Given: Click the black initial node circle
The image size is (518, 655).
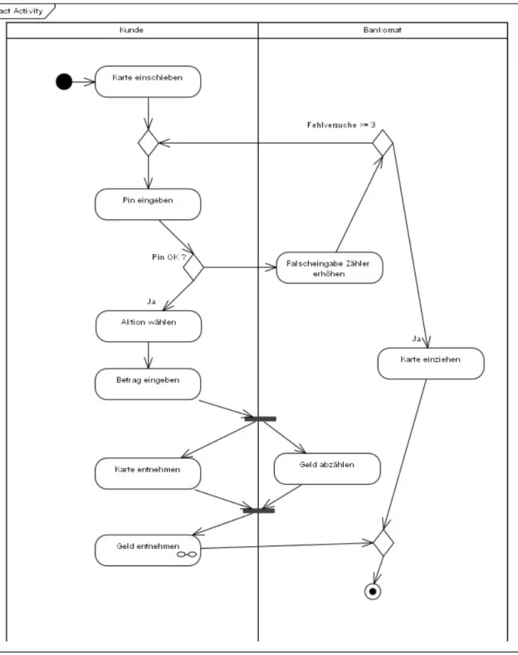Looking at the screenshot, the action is (64, 81).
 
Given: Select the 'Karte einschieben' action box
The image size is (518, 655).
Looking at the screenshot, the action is (148, 81).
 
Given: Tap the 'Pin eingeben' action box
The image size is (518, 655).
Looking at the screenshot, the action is (148, 204).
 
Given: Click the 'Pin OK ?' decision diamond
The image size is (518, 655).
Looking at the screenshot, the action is (193, 267).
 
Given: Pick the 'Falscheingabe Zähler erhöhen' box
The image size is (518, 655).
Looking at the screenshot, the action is (330, 268).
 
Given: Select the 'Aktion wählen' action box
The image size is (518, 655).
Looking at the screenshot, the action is (149, 326).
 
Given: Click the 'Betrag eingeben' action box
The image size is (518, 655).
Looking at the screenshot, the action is (148, 384).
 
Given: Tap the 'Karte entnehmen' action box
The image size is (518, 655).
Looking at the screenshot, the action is (148, 474).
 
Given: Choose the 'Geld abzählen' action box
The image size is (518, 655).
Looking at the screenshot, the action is (327, 469).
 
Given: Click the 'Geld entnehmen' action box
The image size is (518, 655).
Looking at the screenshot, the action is (148, 550).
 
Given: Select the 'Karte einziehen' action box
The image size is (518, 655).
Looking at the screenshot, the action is (431, 364).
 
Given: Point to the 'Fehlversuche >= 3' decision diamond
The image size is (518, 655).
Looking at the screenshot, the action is (383, 143).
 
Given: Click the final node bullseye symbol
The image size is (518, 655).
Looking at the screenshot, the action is (373, 592).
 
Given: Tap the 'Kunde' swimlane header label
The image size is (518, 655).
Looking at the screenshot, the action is (132, 30).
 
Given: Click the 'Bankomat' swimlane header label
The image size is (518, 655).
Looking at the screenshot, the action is (383, 30).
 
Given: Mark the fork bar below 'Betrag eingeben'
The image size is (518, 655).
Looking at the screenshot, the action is (261, 418).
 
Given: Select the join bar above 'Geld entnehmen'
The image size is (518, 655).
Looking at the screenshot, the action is (259, 511).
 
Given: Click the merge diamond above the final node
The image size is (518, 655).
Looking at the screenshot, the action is (384, 543).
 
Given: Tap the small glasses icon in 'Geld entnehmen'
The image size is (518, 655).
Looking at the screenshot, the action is (186, 555).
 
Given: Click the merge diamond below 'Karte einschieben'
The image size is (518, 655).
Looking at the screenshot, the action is (149, 143).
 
